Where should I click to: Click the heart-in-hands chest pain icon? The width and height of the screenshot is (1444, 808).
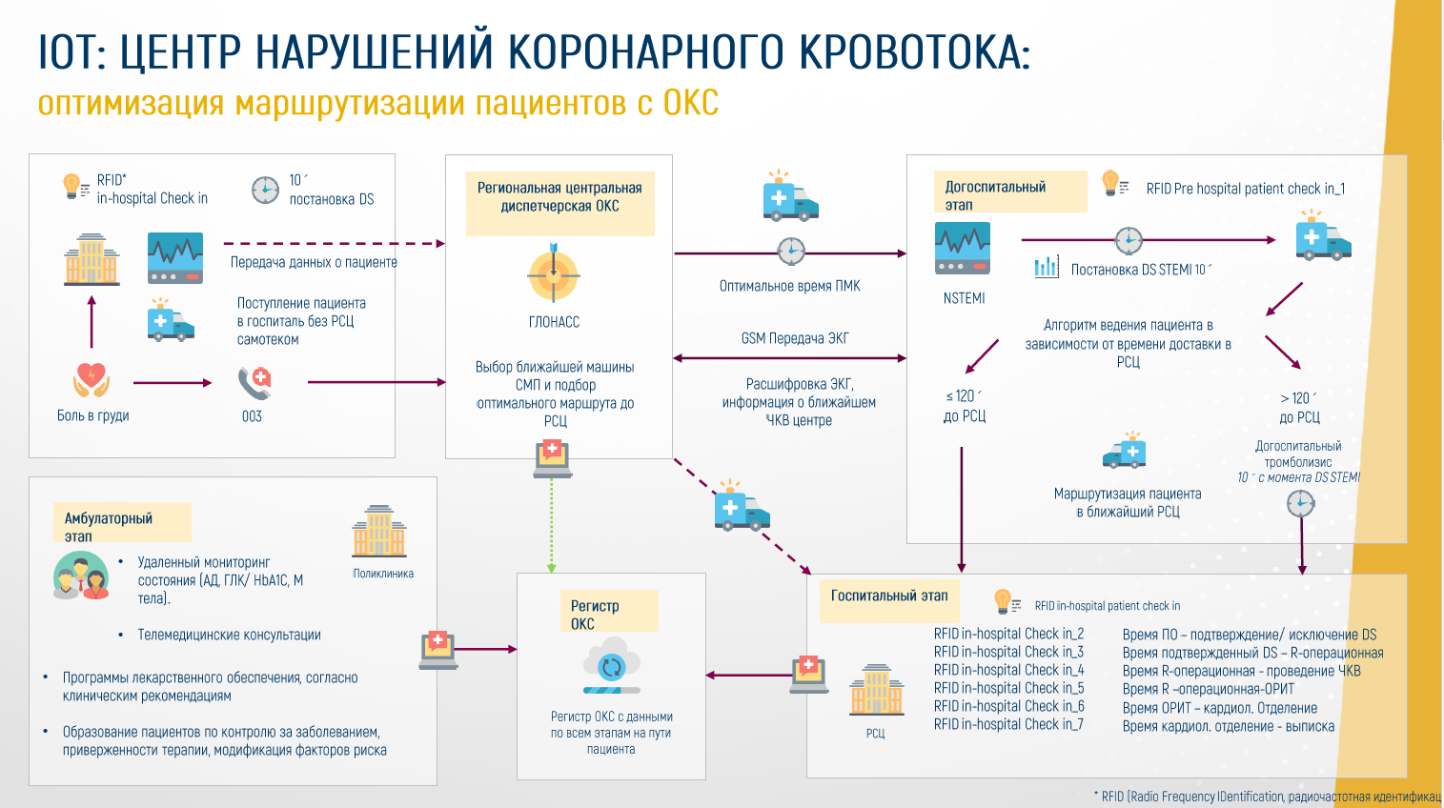[91, 379]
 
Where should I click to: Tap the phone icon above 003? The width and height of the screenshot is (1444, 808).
[254, 383]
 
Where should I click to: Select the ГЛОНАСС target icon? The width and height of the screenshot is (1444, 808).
[553, 273]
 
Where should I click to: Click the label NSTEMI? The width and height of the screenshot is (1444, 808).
[964, 298]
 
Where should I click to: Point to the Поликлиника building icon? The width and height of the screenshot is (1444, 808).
[379, 531]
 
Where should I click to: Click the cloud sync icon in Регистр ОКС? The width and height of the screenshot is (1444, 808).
[612, 666]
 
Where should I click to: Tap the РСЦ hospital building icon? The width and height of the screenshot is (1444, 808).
[877, 690]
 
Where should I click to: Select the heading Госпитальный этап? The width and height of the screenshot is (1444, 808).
[889, 596]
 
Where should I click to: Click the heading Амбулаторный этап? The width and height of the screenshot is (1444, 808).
[109, 527]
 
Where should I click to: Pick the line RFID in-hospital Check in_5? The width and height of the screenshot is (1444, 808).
[1008, 688]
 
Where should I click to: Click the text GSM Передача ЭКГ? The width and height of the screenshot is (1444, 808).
[795, 338]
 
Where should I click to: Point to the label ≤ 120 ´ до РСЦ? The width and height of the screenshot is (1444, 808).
[965, 406]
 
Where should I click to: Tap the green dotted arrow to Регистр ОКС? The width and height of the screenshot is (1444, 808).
[552, 525]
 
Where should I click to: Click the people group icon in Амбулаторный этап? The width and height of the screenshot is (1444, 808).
[81, 576]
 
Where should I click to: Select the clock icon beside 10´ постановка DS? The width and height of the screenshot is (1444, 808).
[265, 190]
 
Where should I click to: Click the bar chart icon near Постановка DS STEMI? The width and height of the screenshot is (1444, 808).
[1046, 267]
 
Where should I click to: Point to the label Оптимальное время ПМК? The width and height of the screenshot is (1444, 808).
[790, 286]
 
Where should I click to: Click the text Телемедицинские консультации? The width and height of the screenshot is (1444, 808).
[229, 635]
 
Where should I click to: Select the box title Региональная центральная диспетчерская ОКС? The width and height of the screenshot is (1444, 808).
[559, 197]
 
